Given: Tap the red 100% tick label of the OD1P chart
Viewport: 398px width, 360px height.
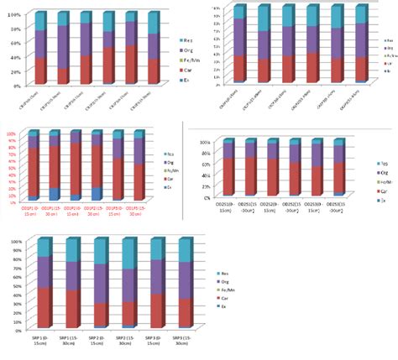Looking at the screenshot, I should (13, 133).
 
